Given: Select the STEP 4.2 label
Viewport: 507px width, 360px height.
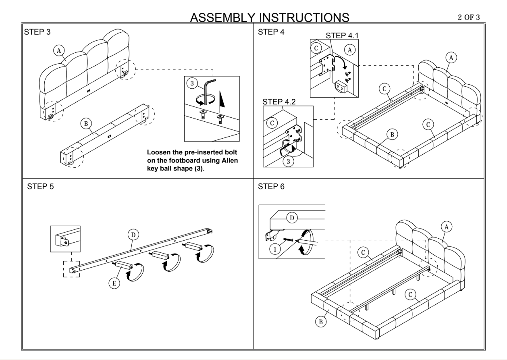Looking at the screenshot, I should click(x=279, y=102).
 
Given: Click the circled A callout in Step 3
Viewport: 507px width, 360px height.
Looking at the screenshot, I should click(x=59, y=50).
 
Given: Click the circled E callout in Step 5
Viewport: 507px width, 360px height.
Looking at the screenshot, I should click(x=114, y=284).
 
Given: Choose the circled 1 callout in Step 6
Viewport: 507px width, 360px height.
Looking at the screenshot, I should click(x=275, y=249).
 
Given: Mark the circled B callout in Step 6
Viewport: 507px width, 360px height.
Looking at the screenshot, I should click(x=320, y=321).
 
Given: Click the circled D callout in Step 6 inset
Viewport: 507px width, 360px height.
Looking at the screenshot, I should click(x=291, y=218).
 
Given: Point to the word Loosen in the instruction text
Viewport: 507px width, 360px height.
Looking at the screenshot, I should click(x=158, y=153).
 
